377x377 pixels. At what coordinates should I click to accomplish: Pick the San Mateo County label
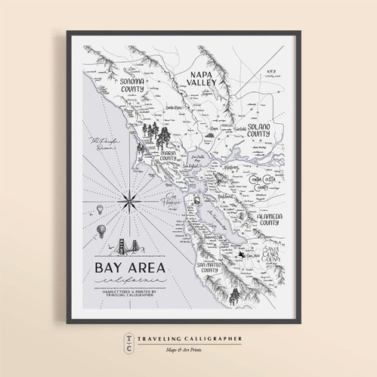coord(215,270)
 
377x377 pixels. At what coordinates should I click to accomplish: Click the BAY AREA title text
coord(131,268)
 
